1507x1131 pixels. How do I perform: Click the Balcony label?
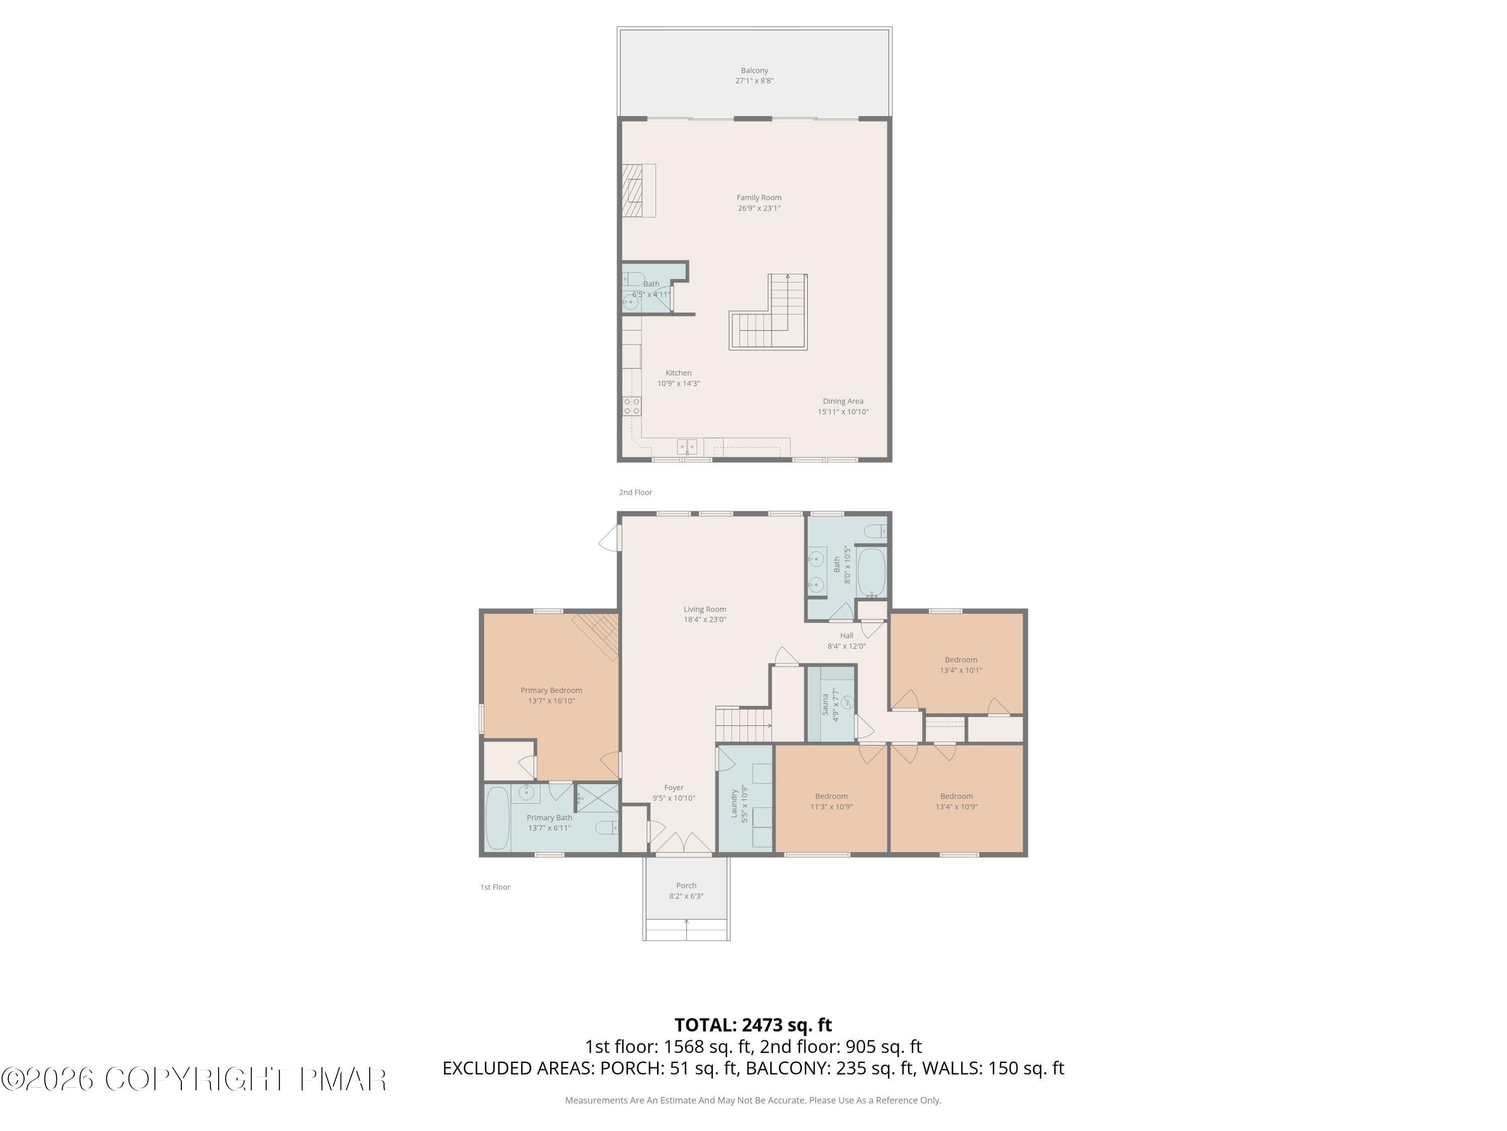tap(754, 70)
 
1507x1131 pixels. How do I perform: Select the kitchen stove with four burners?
tap(631, 406)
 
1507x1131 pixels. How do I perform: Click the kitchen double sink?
tap(687, 446)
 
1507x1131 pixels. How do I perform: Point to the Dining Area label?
tap(843, 401)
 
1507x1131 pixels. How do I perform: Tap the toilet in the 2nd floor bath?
tap(633, 278)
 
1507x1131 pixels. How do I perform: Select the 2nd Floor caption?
tap(635, 492)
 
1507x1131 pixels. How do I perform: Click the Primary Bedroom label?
tap(551, 690)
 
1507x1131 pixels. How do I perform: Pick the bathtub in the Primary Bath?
tap(497, 818)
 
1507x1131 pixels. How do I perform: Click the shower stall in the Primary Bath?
tap(597, 798)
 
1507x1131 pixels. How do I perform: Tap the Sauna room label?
tap(825, 704)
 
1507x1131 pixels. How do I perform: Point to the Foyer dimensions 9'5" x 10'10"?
tap(674, 798)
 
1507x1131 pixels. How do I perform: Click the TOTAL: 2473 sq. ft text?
tap(753, 1024)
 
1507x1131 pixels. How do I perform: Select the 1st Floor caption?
tap(495, 887)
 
